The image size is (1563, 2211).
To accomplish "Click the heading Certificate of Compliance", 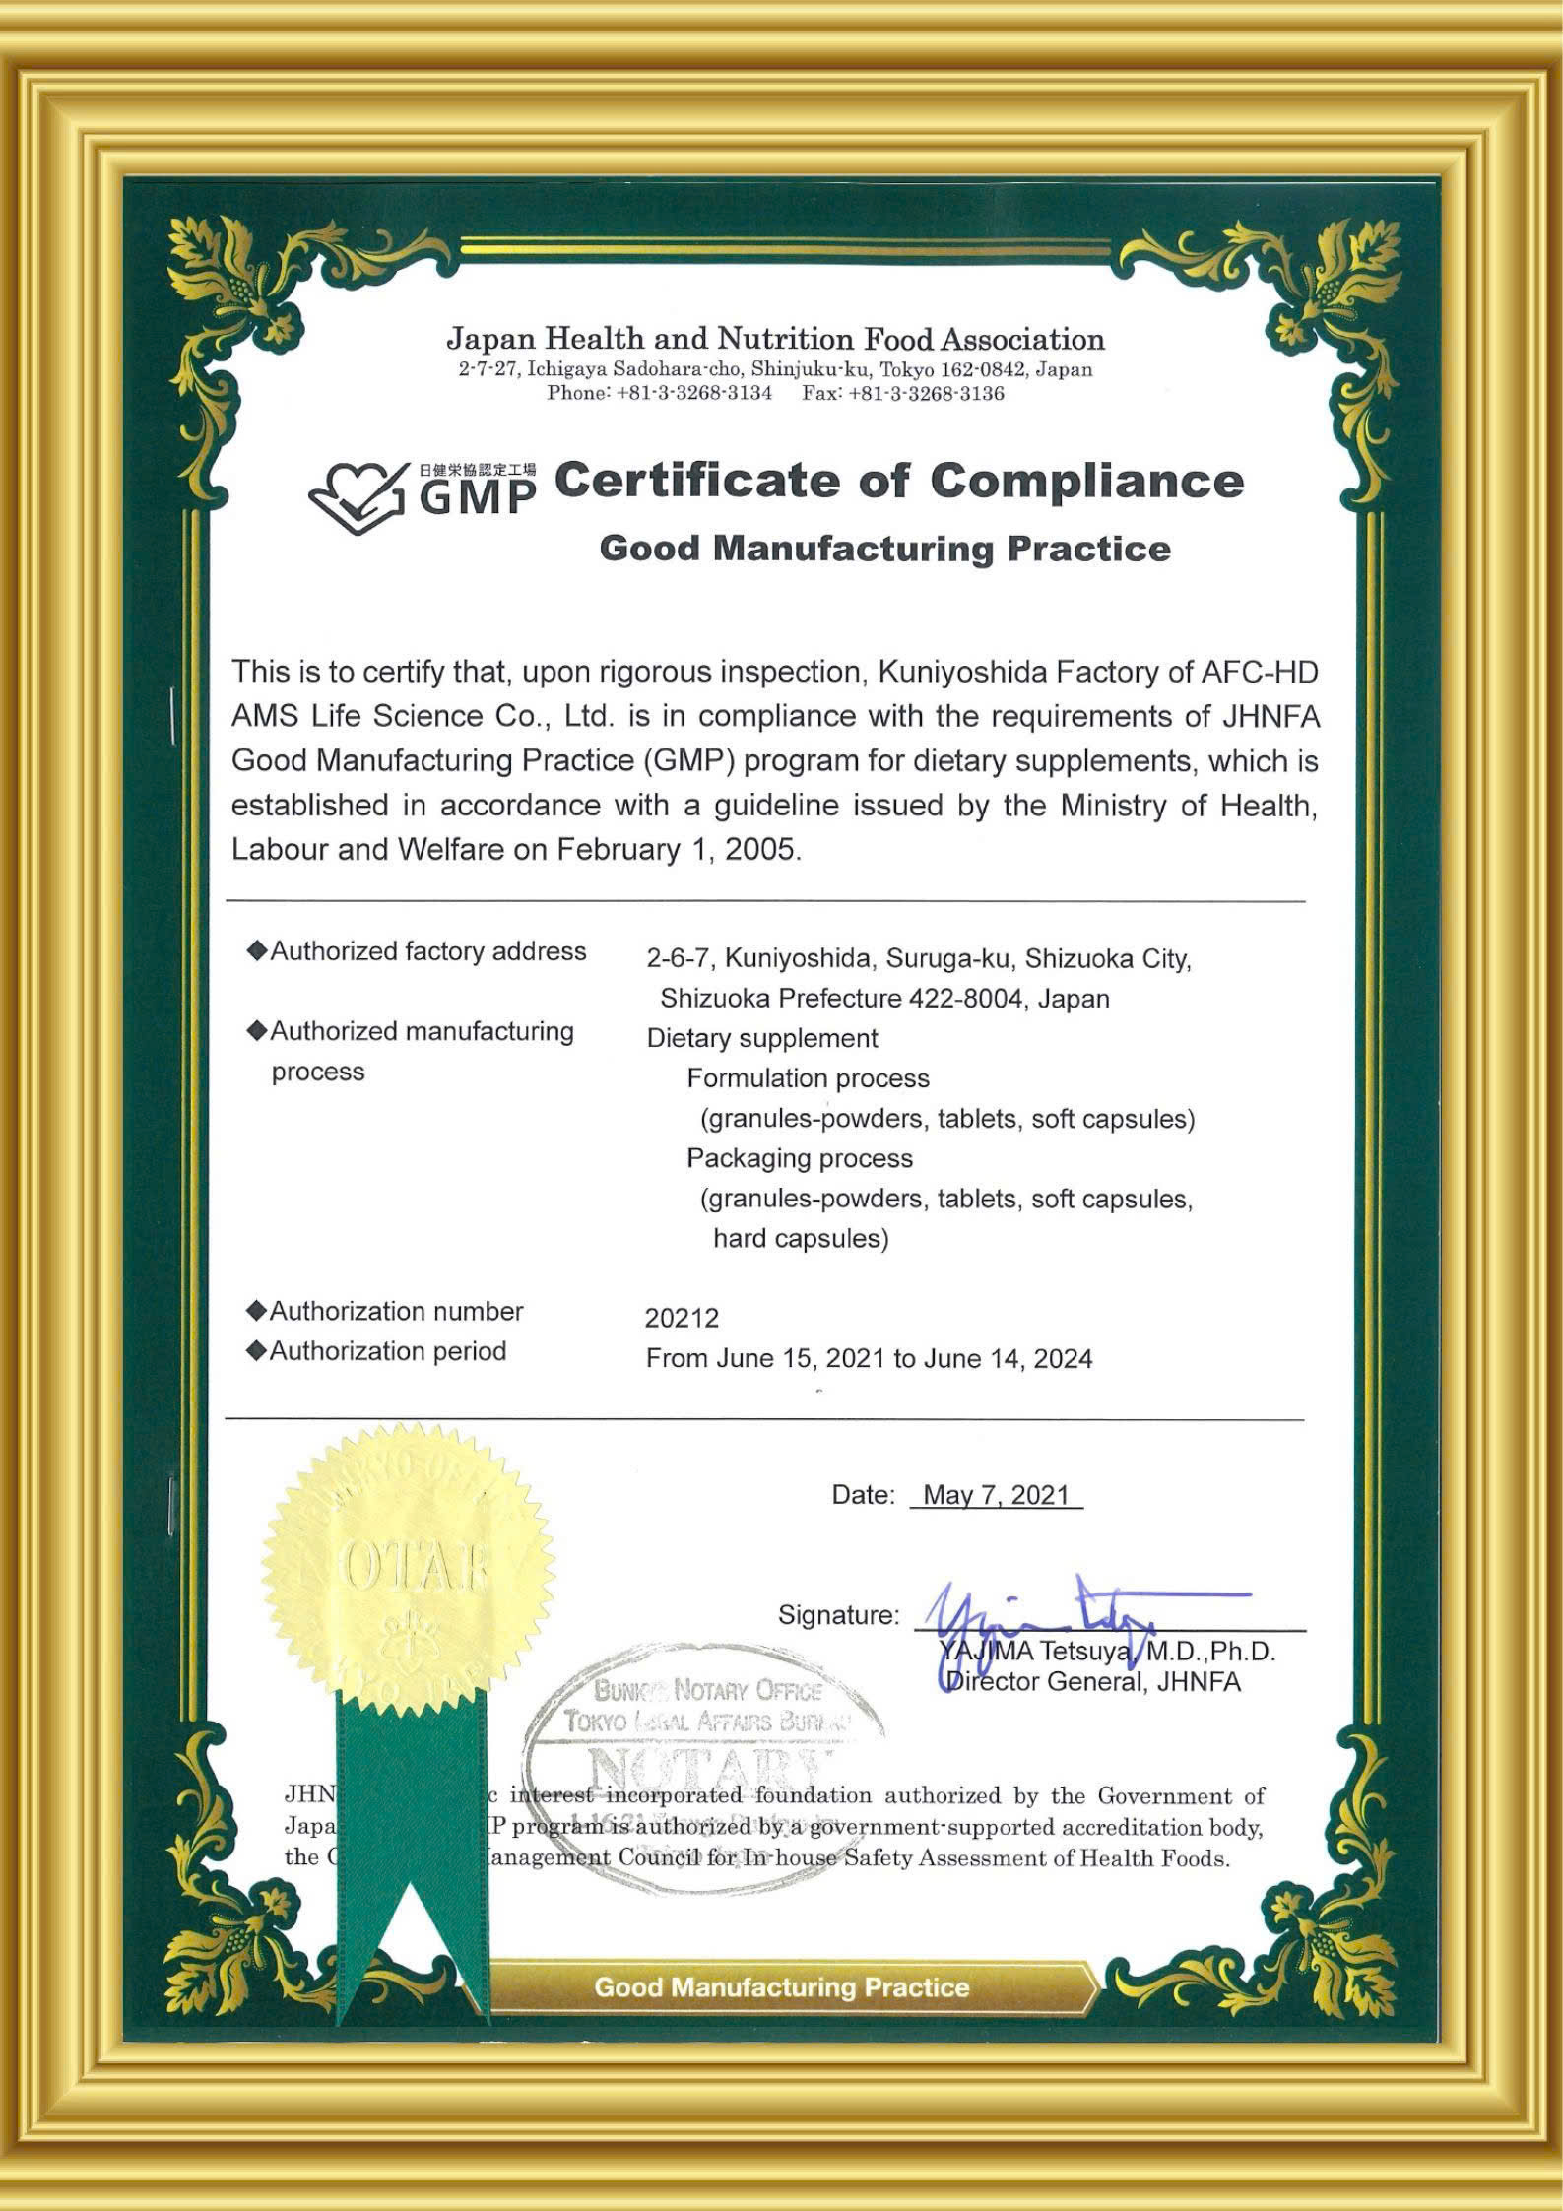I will click(898, 481).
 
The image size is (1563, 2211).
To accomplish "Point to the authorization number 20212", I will click(682, 1318).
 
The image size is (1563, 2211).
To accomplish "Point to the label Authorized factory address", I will click(427, 951).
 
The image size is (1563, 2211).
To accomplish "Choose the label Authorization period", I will click(387, 1351).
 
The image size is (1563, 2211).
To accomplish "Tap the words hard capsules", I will click(800, 1238).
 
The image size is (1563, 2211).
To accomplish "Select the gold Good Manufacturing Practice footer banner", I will click(782, 1987).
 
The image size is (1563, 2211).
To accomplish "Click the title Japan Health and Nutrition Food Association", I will click(775, 340).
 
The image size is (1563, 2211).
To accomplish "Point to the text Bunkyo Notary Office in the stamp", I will click(707, 1691).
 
